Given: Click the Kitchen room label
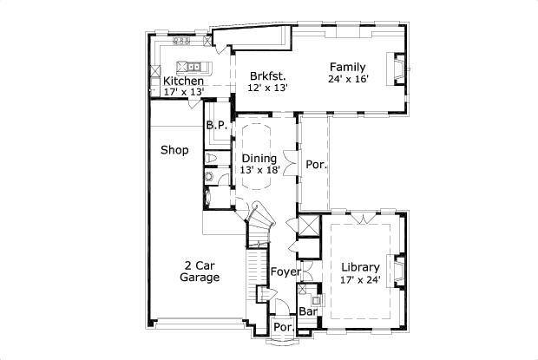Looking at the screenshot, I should coord(183,82).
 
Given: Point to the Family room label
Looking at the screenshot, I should coord(347,67).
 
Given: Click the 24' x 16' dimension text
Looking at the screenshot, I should coord(348,79).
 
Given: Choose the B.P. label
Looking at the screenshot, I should coord(216,125).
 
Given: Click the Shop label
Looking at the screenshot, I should coord(174,150).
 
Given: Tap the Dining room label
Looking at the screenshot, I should coord(259,158).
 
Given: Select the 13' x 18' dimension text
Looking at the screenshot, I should coord(259,170).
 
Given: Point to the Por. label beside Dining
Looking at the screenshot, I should coord(315,164).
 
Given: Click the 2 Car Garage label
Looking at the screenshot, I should coord(200,272).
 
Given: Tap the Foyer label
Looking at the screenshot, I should coord(285,272).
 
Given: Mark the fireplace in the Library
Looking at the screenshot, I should coord(400,269).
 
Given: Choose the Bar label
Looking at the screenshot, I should coord(307,311).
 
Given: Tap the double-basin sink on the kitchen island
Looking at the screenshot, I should coord(189,66).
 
